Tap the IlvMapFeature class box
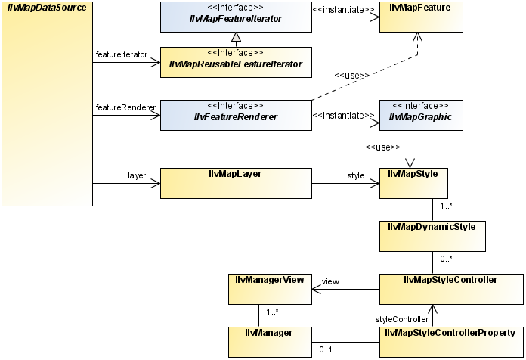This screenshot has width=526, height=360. point(420,17)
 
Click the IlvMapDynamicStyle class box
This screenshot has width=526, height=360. point(432,235)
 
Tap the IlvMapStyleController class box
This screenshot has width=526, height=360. point(450,288)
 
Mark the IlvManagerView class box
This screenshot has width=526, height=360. point(265,288)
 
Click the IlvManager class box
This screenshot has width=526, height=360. point(265,340)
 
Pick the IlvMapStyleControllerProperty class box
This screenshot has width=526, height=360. point(450,340)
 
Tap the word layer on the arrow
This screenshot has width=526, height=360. point(136,175)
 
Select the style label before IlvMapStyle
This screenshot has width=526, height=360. point(355,175)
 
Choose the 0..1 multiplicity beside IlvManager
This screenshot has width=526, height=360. point(326,350)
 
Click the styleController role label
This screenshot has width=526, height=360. point(401,319)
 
